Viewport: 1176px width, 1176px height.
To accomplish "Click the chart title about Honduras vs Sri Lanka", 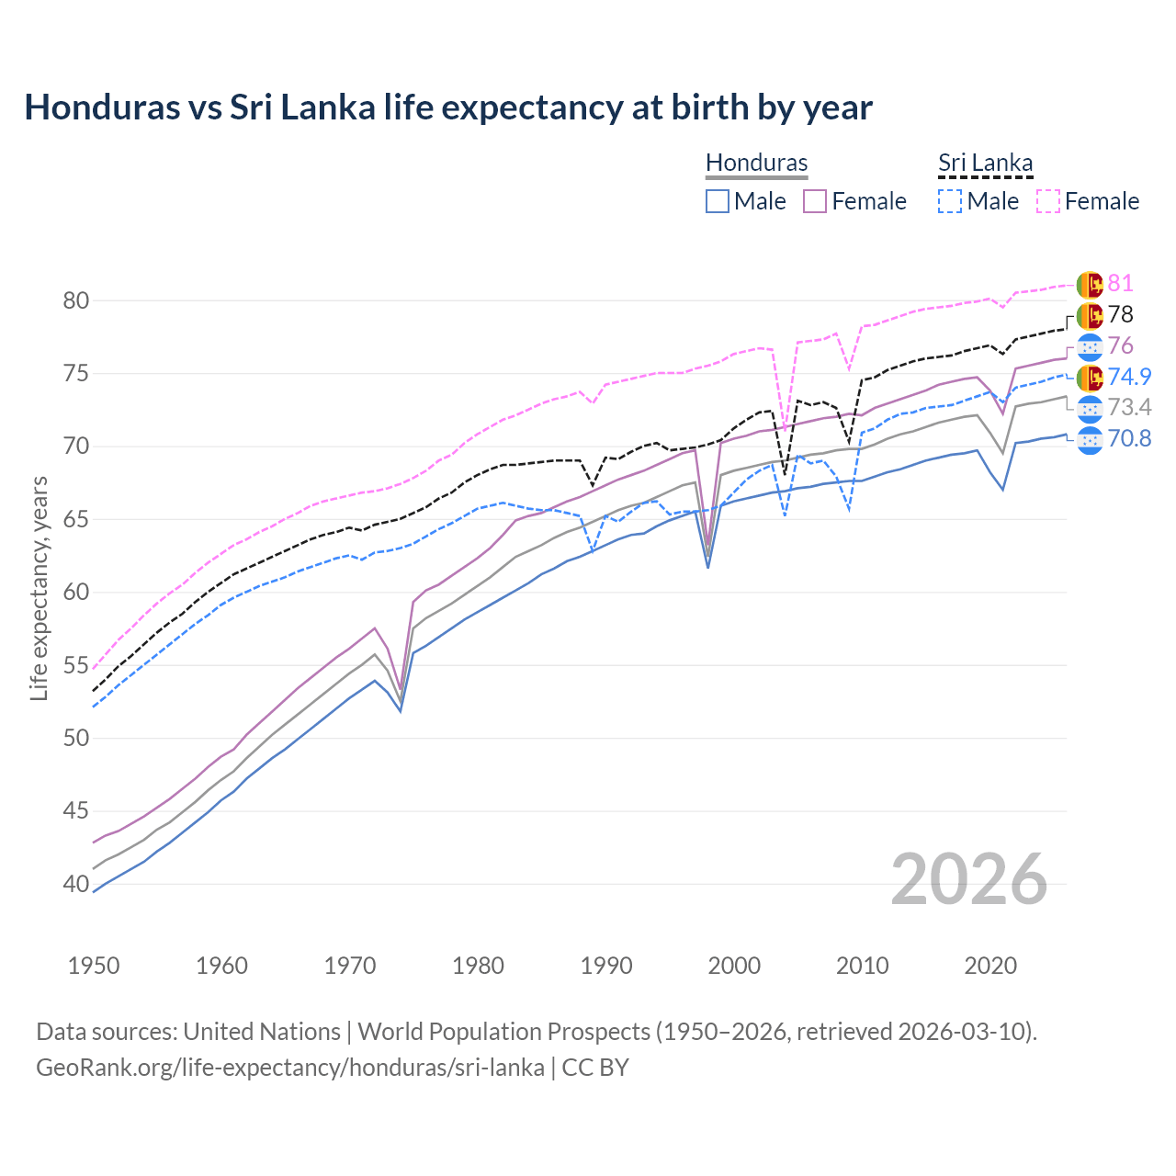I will coord(448,107).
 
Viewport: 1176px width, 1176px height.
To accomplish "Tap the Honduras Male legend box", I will coord(718,201).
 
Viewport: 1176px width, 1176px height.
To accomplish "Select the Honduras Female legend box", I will coord(815,201).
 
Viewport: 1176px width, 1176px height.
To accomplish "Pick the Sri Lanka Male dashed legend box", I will coord(950,201).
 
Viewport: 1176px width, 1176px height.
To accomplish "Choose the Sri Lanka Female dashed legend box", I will coord(1048,201).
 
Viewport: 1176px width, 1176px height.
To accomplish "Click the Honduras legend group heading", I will coord(756,163).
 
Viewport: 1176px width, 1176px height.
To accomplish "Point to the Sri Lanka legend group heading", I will coord(985,163).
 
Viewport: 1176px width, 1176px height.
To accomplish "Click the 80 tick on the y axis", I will coord(75,300).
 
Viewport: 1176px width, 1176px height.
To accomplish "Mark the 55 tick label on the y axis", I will coord(75,665).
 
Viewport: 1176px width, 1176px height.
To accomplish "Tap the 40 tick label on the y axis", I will coord(75,884).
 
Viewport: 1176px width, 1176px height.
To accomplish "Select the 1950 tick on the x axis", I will coord(94,966).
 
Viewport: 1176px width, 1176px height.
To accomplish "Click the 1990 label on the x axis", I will coord(606,966).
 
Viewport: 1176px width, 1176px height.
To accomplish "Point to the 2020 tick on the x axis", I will coord(991,966).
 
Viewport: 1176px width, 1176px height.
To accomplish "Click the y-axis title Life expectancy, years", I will coord(39,588).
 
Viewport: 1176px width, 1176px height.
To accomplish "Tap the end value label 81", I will coord(1120,283).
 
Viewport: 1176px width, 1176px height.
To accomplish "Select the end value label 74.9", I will coord(1129,377).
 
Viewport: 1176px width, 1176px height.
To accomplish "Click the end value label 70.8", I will coord(1129,438).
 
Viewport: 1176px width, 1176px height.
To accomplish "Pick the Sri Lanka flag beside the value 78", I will coord(1090,315).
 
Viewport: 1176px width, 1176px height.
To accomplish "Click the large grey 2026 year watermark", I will coord(969,879).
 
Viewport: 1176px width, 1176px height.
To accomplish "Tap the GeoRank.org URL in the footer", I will coord(290,1068).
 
